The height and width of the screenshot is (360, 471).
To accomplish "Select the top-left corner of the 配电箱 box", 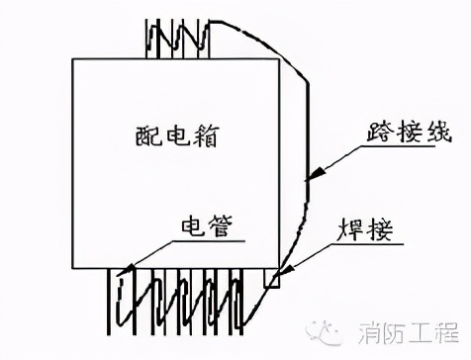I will coord(73,57).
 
